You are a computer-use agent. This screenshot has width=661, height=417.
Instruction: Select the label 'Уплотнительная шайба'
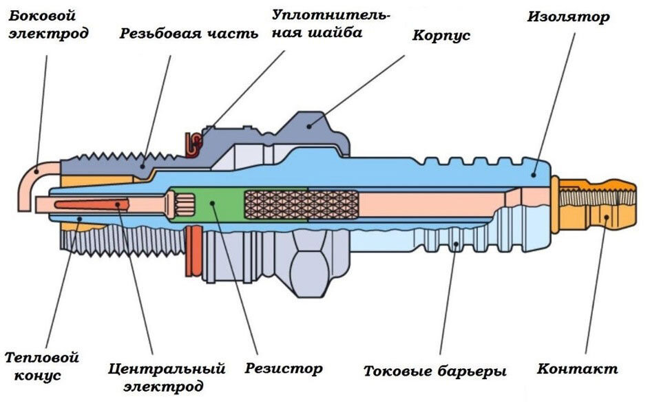click(x=330, y=23)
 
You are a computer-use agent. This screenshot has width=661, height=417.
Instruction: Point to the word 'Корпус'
click(x=441, y=35)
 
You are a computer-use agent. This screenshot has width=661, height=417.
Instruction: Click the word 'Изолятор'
click(x=568, y=17)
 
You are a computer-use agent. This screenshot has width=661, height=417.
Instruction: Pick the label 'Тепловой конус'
click(x=41, y=366)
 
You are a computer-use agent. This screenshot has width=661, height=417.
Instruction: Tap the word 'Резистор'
click(x=284, y=368)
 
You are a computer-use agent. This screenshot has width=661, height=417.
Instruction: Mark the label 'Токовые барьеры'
click(x=434, y=372)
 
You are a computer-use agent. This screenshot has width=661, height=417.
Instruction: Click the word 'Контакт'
click(x=577, y=369)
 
